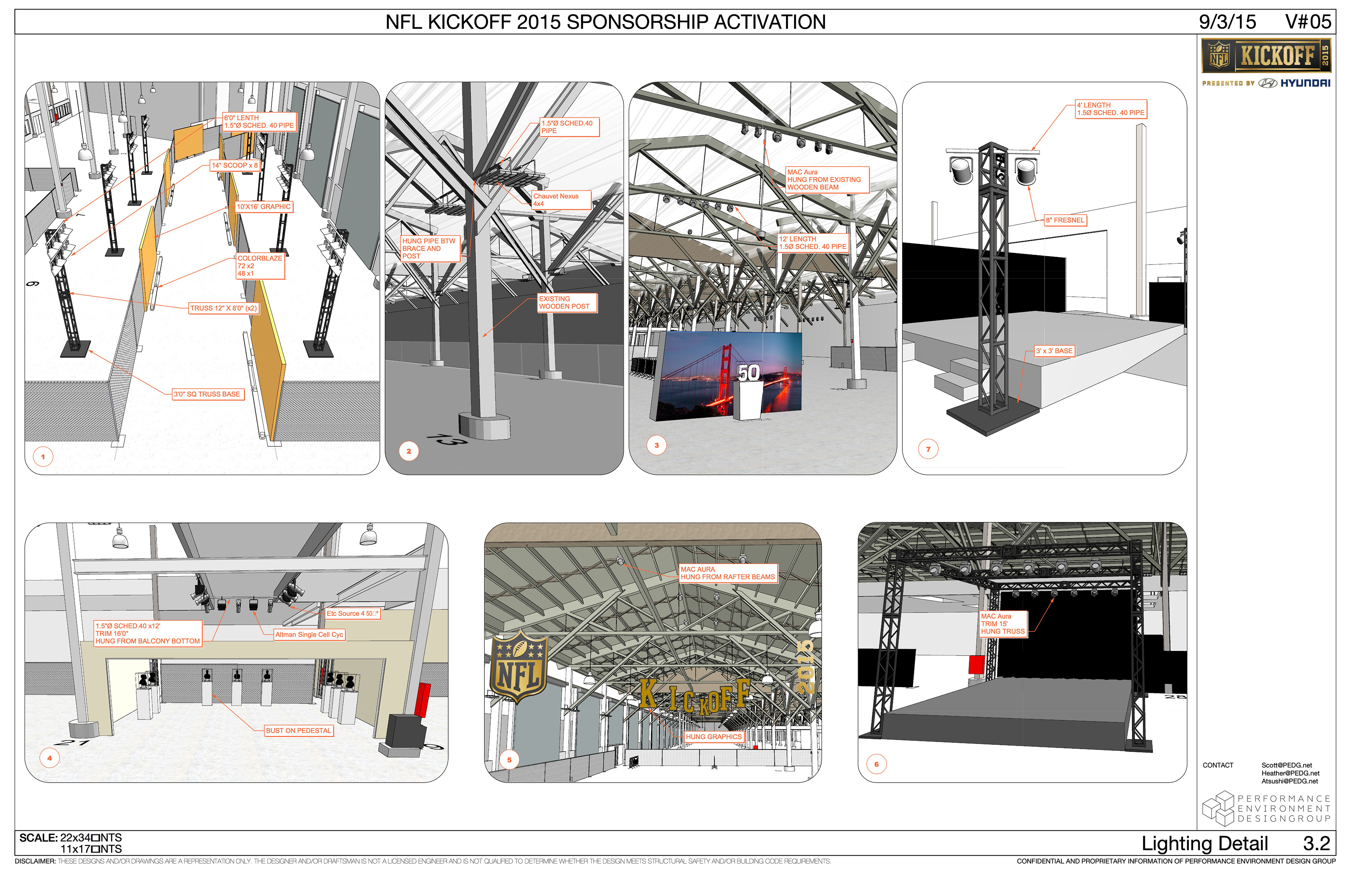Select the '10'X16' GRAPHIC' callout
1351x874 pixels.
(264, 207)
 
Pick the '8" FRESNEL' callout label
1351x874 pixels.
(1065, 220)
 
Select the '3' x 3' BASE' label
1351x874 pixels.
(1054, 351)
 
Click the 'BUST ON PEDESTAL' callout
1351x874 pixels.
(299, 731)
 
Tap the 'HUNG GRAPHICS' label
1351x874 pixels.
(713, 737)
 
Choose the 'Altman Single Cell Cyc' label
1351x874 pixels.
(309, 635)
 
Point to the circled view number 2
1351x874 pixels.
(409, 452)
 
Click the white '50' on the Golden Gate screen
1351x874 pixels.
(749, 373)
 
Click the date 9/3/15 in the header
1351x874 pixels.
(1227, 22)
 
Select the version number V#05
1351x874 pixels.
(1308, 22)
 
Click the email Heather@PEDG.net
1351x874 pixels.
(1290, 773)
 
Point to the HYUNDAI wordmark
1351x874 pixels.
(1305, 83)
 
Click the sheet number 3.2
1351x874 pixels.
(1317, 844)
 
